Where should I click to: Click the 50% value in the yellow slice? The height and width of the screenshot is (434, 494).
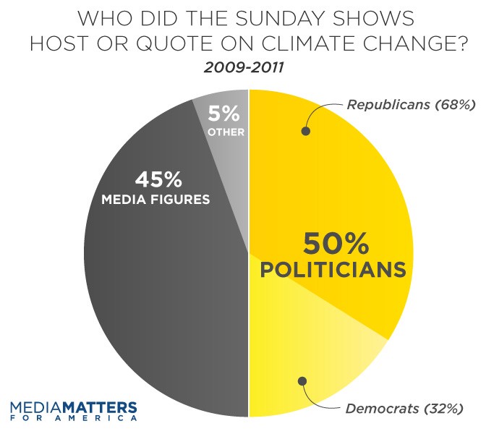pyautogui.click(x=331, y=242)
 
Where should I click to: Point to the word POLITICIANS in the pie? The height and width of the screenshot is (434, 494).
pyautogui.click(x=331, y=270)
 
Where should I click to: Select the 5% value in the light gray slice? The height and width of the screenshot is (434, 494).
pyautogui.click(x=224, y=114)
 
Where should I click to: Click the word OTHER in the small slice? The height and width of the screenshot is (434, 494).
pyautogui.click(x=225, y=132)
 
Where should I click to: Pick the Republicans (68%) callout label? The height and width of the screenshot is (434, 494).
pyautogui.click(x=411, y=105)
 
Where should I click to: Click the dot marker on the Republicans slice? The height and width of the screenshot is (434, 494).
pyautogui.click(x=305, y=132)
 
